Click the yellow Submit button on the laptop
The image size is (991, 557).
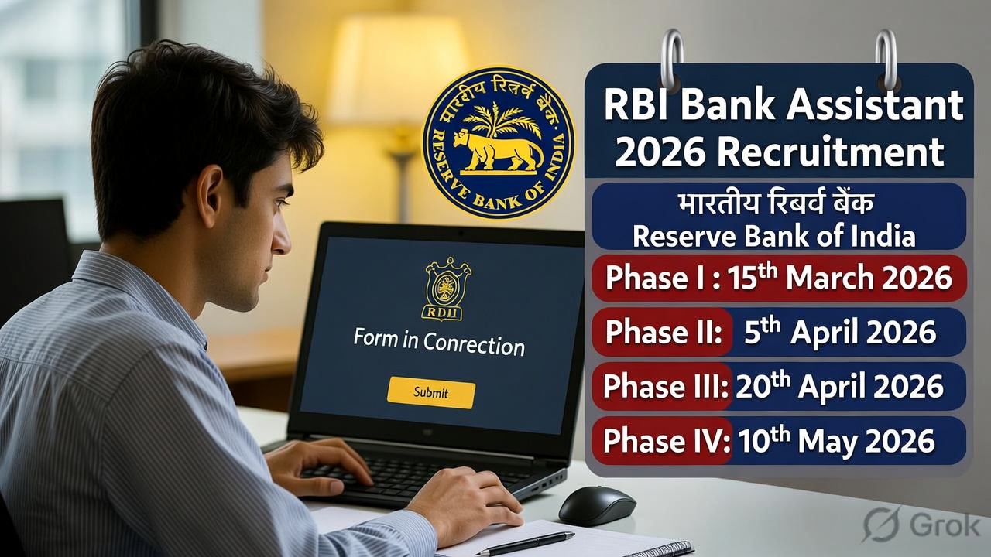pos(430,392)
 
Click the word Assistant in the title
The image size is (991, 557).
pos(874,105)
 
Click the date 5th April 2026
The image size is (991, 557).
pos(840,333)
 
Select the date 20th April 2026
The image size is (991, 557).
pos(839,387)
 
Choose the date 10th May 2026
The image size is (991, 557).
pos(836,441)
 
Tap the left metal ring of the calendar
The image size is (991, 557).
pos(671,58)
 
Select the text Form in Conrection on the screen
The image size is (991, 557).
pos(439,343)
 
